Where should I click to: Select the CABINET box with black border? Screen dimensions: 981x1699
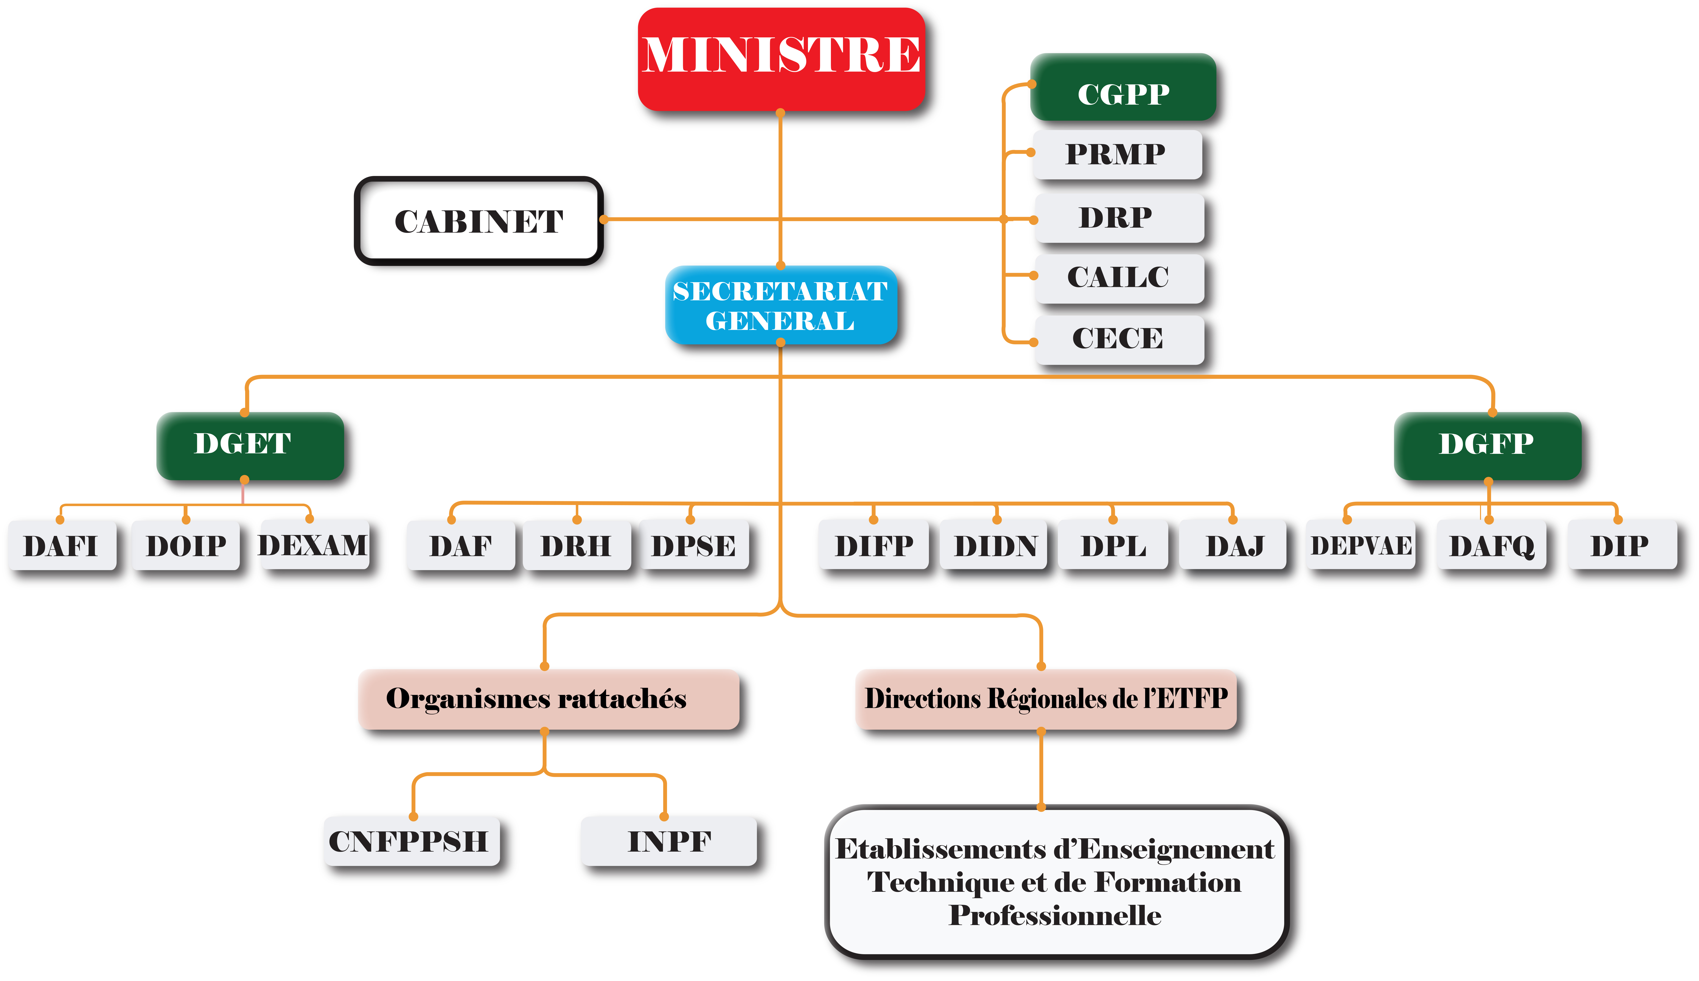point(479,221)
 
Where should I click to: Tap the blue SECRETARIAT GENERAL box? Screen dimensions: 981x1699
point(780,305)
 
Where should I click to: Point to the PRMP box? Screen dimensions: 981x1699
point(1117,154)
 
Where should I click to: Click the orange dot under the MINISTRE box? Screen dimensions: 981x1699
point(780,113)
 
